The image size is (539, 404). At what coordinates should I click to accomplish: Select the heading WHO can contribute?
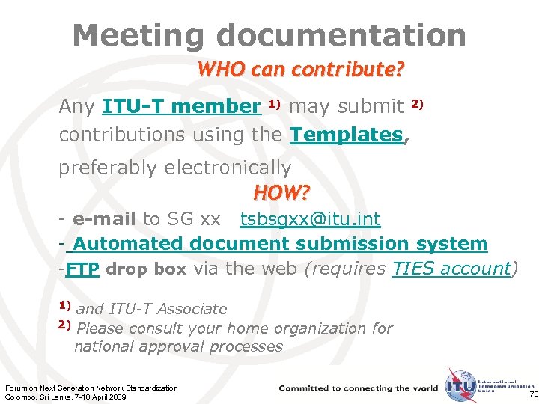pos(300,70)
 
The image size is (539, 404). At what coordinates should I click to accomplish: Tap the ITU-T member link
pos(181,107)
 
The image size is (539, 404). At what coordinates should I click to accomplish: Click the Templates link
pos(346,135)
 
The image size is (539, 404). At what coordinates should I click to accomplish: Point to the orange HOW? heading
pos(281,193)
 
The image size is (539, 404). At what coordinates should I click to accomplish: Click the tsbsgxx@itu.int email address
pos(309,219)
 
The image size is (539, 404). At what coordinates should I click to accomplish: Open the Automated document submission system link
pos(278,243)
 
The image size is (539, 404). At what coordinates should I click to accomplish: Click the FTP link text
pos(82,269)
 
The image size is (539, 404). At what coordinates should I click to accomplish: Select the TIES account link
pos(451,269)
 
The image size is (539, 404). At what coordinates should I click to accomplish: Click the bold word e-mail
pos(104,219)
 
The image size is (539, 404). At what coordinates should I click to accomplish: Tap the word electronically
pos(228,167)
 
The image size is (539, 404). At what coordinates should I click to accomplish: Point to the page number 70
pos(533,394)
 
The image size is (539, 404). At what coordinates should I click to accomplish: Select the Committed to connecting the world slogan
pos(359,388)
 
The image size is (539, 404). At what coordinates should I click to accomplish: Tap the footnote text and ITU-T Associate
pos(151,308)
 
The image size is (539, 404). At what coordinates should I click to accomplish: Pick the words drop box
pos(146,269)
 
